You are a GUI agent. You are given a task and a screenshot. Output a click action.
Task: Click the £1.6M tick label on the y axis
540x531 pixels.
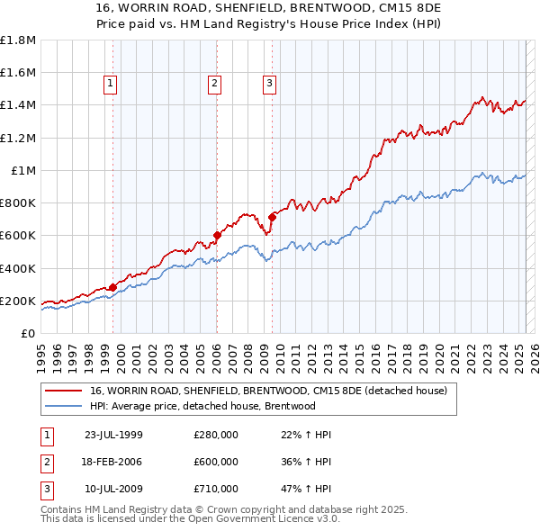(18, 73)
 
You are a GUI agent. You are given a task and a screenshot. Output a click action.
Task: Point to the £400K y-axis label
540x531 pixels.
(18, 268)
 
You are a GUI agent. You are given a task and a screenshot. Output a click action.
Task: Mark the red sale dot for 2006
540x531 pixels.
(217, 236)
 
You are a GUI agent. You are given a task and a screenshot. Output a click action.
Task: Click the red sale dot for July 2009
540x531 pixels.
(272, 217)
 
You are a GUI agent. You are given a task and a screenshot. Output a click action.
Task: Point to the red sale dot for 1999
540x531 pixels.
(112, 287)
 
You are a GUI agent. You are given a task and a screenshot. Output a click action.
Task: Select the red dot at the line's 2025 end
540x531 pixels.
(526, 102)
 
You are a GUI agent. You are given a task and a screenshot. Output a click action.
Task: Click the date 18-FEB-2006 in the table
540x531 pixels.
(113, 462)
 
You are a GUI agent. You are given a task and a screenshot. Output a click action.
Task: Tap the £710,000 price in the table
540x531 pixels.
(216, 489)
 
